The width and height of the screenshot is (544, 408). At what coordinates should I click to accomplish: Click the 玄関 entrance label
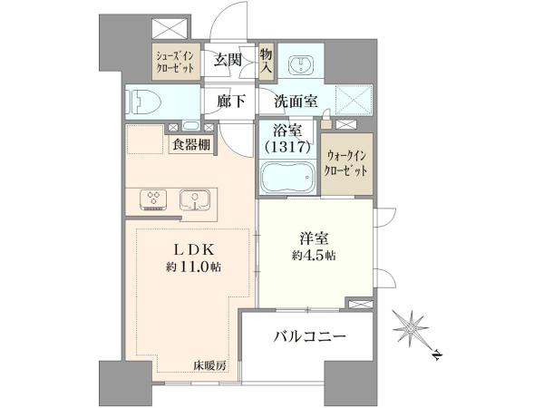[x=228, y=60]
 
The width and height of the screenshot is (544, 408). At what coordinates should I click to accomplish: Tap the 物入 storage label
[x=266, y=60]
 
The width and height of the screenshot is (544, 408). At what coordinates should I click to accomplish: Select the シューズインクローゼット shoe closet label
[x=175, y=62]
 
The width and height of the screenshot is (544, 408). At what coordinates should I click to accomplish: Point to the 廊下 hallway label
[x=230, y=102]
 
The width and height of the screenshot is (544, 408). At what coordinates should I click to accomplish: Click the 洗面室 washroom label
[x=296, y=102]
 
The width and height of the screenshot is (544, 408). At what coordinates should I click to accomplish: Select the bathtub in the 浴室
[x=288, y=178]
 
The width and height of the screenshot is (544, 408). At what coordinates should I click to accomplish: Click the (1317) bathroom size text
[x=287, y=148]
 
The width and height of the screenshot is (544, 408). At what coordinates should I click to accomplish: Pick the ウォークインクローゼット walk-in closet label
[x=347, y=163]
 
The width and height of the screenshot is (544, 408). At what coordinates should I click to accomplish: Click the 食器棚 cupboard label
[x=192, y=144]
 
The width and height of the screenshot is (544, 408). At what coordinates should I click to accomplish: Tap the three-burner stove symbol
[x=153, y=199]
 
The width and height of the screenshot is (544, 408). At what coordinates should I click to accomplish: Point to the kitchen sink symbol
[x=195, y=199]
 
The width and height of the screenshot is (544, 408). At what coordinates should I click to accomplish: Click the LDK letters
[x=194, y=248]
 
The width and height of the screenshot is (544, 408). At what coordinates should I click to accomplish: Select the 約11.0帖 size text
[x=194, y=267]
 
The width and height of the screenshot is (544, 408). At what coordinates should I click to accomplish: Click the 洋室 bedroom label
[x=314, y=238]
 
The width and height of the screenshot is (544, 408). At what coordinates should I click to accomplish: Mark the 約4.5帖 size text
[x=314, y=256]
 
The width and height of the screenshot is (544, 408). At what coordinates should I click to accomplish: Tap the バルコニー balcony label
[x=310, y=336]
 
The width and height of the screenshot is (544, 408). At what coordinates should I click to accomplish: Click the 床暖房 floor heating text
[x=210, y=365]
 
